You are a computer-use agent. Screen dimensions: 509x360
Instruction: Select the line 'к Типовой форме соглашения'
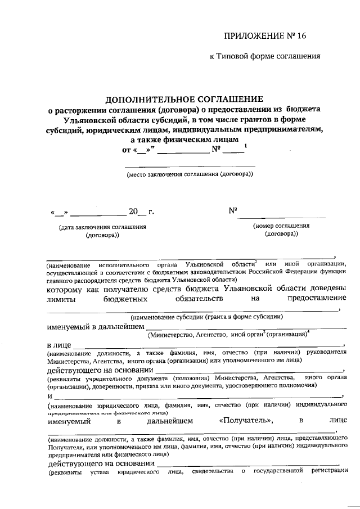264,56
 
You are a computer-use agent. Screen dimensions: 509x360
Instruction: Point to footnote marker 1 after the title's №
245,147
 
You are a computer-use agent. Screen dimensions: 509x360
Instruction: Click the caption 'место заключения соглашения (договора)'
190,174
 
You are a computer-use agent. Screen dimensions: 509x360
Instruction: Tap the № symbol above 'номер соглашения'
232,211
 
